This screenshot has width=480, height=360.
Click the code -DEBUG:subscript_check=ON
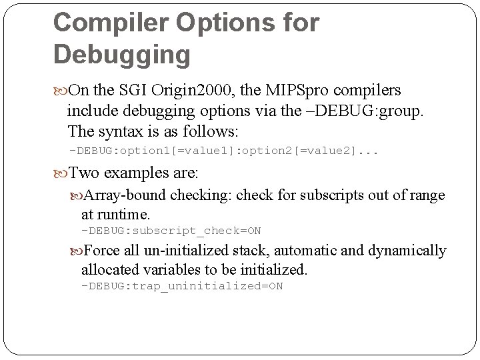pos(171,231)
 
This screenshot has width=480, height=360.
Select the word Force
pos(103,251)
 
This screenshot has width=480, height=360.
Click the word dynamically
pos(407,251)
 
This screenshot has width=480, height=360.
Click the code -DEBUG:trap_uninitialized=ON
pos(181,286)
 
